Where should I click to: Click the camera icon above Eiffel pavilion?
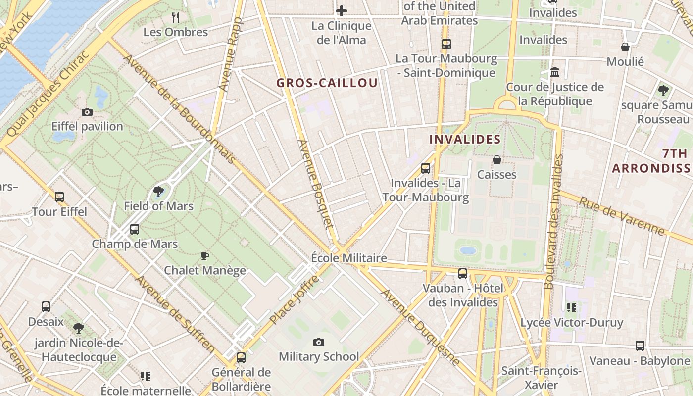click(87, 112)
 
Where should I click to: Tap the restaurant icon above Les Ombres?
click(176, 17)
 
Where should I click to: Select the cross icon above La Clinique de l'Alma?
click(341, 11)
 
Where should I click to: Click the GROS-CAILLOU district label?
click(327, 83)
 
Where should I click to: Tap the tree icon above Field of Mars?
click(158, 192)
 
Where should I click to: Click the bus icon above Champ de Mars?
click(135, 229)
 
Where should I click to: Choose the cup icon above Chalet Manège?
click(205, 256)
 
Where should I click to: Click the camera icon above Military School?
click(319, 342)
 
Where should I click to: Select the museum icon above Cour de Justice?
click(555, 72)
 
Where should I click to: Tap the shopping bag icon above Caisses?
click(496, 160)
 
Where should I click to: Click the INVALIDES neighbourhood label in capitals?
click(465, 140)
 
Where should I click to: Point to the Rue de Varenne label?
click(623, 217)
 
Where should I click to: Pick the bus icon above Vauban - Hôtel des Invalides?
click(463, 274)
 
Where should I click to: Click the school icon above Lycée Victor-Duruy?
click(572, 308)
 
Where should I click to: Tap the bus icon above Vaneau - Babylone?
click(640, 346)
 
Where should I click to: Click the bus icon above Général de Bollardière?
click(241, 357)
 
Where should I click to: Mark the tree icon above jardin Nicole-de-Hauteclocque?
click(78, 328)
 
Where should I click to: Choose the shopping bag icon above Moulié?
click(625, 47)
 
